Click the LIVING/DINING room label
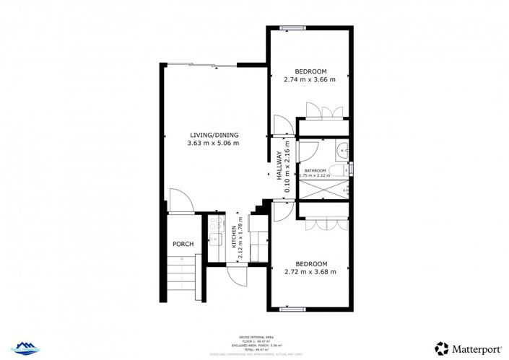point(214,135)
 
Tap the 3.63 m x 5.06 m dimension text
point(214,143)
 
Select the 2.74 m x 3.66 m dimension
point(311,80)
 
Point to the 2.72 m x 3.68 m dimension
point(311,272)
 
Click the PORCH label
point(183,244)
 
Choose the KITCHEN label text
point(233,237)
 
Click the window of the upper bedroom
point(292,29)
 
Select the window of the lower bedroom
point(291,309)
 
